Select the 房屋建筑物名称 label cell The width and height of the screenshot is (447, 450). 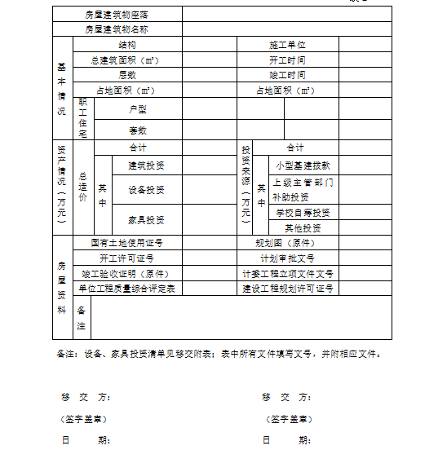tap(117, 30)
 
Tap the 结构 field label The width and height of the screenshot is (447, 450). tap(127, 45)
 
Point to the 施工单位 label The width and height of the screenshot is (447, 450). tap(287, 45)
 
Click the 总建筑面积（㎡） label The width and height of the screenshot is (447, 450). tap(126, 60)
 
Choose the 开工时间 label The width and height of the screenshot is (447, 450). tap(287, 60)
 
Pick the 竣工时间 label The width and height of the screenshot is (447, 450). tap(287, 75)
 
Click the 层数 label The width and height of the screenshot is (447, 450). tap(127, 75)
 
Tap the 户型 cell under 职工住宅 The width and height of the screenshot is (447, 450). tap(137, 108)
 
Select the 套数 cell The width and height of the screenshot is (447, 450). tap(137, 130)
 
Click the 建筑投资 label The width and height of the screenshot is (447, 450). tap(146, 165)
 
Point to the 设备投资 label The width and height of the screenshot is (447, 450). tap(146, 190)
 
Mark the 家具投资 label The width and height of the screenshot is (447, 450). tap(146, 219)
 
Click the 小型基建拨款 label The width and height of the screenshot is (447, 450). tap(303, 165)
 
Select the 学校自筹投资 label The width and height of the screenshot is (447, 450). tap(303, 212)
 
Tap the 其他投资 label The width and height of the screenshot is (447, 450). tap(303, 227)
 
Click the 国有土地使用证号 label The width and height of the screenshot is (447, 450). tap(127, 243)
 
